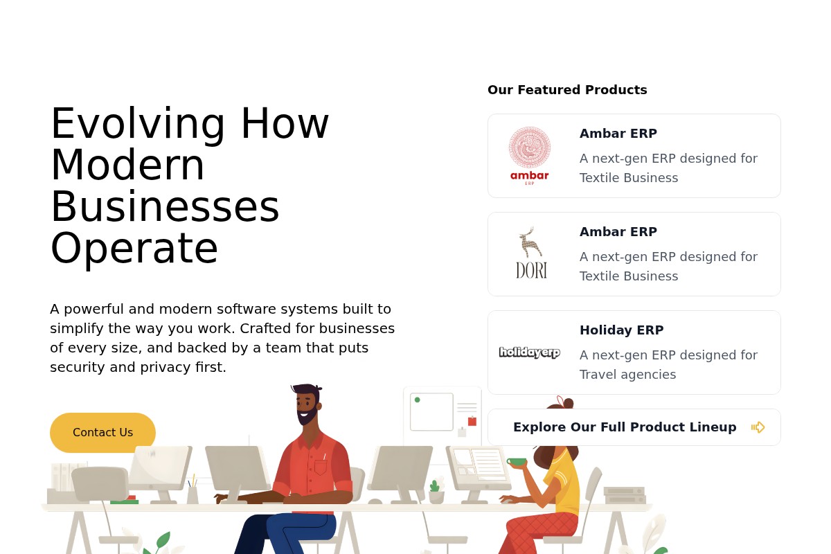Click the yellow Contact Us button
[102, 432]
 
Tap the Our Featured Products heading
[567, 90]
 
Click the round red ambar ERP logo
[530, 156]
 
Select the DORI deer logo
[531, 253]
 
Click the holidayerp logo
[530, 352]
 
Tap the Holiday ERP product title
[622, 330]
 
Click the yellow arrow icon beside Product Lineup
[758, 427]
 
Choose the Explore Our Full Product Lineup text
[625, 427]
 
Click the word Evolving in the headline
[138, 125]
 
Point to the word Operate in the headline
[134, 249]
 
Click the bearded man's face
[306, 406]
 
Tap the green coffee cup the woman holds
[517, 462]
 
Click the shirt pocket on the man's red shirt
[321, 467]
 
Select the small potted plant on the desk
[436, 492]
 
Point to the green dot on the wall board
[418, 400]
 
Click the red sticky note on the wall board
[472, 421]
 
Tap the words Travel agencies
[627, 375]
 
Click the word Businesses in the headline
[165, 206]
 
